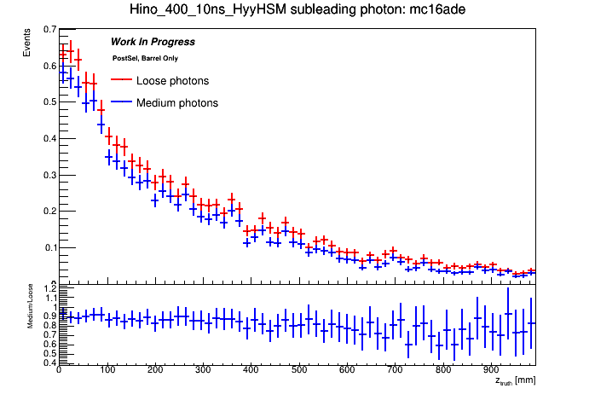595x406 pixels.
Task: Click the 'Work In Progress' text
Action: [x=153, y=42]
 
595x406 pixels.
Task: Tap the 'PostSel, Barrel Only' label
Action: [x=145, y=58]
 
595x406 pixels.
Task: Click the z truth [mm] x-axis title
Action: [x=515, y=380]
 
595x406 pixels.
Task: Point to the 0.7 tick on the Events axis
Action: [x=48, y=29]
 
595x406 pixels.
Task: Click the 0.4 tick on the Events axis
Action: [x=48, y=138]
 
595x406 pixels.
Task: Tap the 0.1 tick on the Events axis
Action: [x=48, y=247]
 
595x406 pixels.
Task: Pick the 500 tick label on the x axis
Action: [x=298, y=371]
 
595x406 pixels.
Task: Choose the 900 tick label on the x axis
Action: [x=490, y=371]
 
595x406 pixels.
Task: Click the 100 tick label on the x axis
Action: [x=106, y=371]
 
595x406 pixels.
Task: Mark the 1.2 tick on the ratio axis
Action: [x=48, y=288]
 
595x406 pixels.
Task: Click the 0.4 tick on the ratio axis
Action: [x=48, y=362]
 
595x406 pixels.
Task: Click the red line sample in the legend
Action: [x=120, y=81]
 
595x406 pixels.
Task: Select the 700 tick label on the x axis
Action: [x=394, y=371]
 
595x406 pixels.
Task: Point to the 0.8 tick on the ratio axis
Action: [x=48, y=325]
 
